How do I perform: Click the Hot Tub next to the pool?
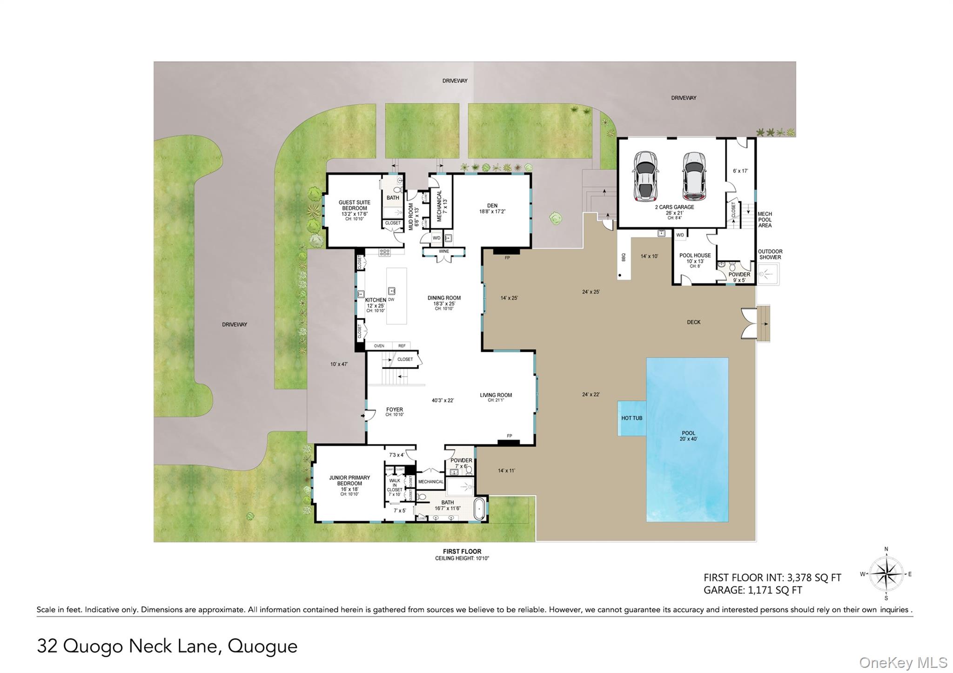[631, 418]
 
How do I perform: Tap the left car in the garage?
[645, 176]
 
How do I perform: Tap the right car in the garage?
[694, 176]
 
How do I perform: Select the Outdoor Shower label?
[770, 254]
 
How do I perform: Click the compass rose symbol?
[886, 574]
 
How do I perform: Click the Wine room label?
[443, 251]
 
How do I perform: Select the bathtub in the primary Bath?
[480, 509]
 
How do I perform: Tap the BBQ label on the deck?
[624, 257]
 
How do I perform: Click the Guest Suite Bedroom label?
[354, 205]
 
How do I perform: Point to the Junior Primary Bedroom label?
[349, 480]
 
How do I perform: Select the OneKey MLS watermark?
[903, 662]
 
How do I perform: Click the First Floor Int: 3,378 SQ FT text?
[772, 578]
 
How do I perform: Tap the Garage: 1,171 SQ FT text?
[752, 590]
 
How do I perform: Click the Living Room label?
[496, 395]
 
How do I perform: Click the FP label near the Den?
[507, 257]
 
